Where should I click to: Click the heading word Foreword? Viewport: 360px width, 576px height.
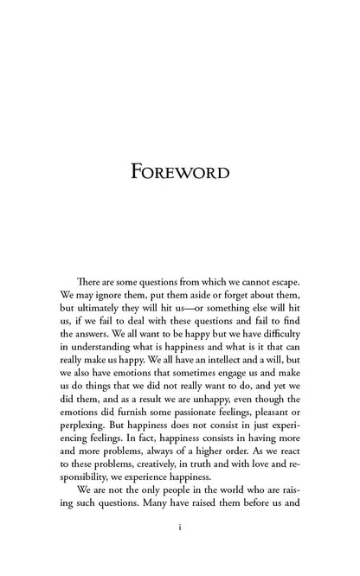[180, 170]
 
